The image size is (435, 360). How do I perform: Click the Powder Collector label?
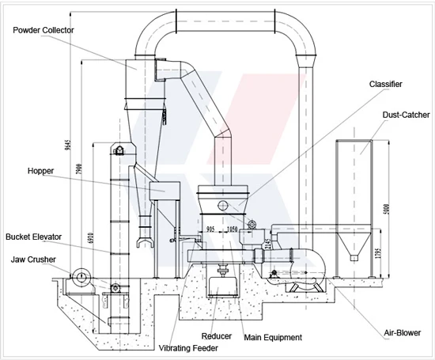43,30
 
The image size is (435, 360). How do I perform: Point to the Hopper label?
40,170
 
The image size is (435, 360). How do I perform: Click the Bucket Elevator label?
32,237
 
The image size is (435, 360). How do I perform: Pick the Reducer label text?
217,336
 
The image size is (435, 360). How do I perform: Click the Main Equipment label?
273,338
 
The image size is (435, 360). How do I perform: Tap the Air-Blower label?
403,333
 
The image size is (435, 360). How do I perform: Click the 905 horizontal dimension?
211,229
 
